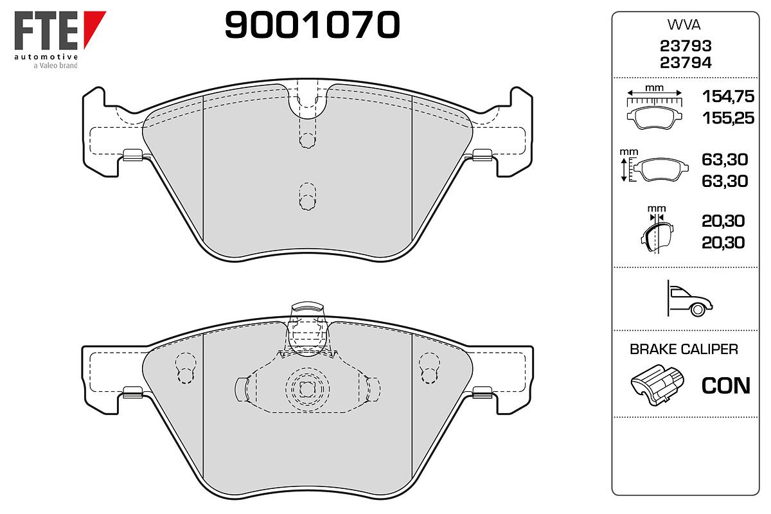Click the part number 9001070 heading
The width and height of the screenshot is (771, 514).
[x=312, y=24]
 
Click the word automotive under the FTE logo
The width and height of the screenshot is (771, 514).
[x=46, y=57]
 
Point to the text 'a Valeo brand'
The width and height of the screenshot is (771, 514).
[x=55, y=66]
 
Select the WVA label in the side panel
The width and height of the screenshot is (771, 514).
[x=684, y=25]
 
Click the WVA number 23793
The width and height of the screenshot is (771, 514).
[x=686, y=46]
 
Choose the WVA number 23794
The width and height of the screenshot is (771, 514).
[x=686, y=63]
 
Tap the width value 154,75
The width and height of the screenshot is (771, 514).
[x=728, y=96]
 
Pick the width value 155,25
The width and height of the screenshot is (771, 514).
[x=728, y=118]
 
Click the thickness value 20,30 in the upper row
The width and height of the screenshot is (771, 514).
[x=723, y=221]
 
